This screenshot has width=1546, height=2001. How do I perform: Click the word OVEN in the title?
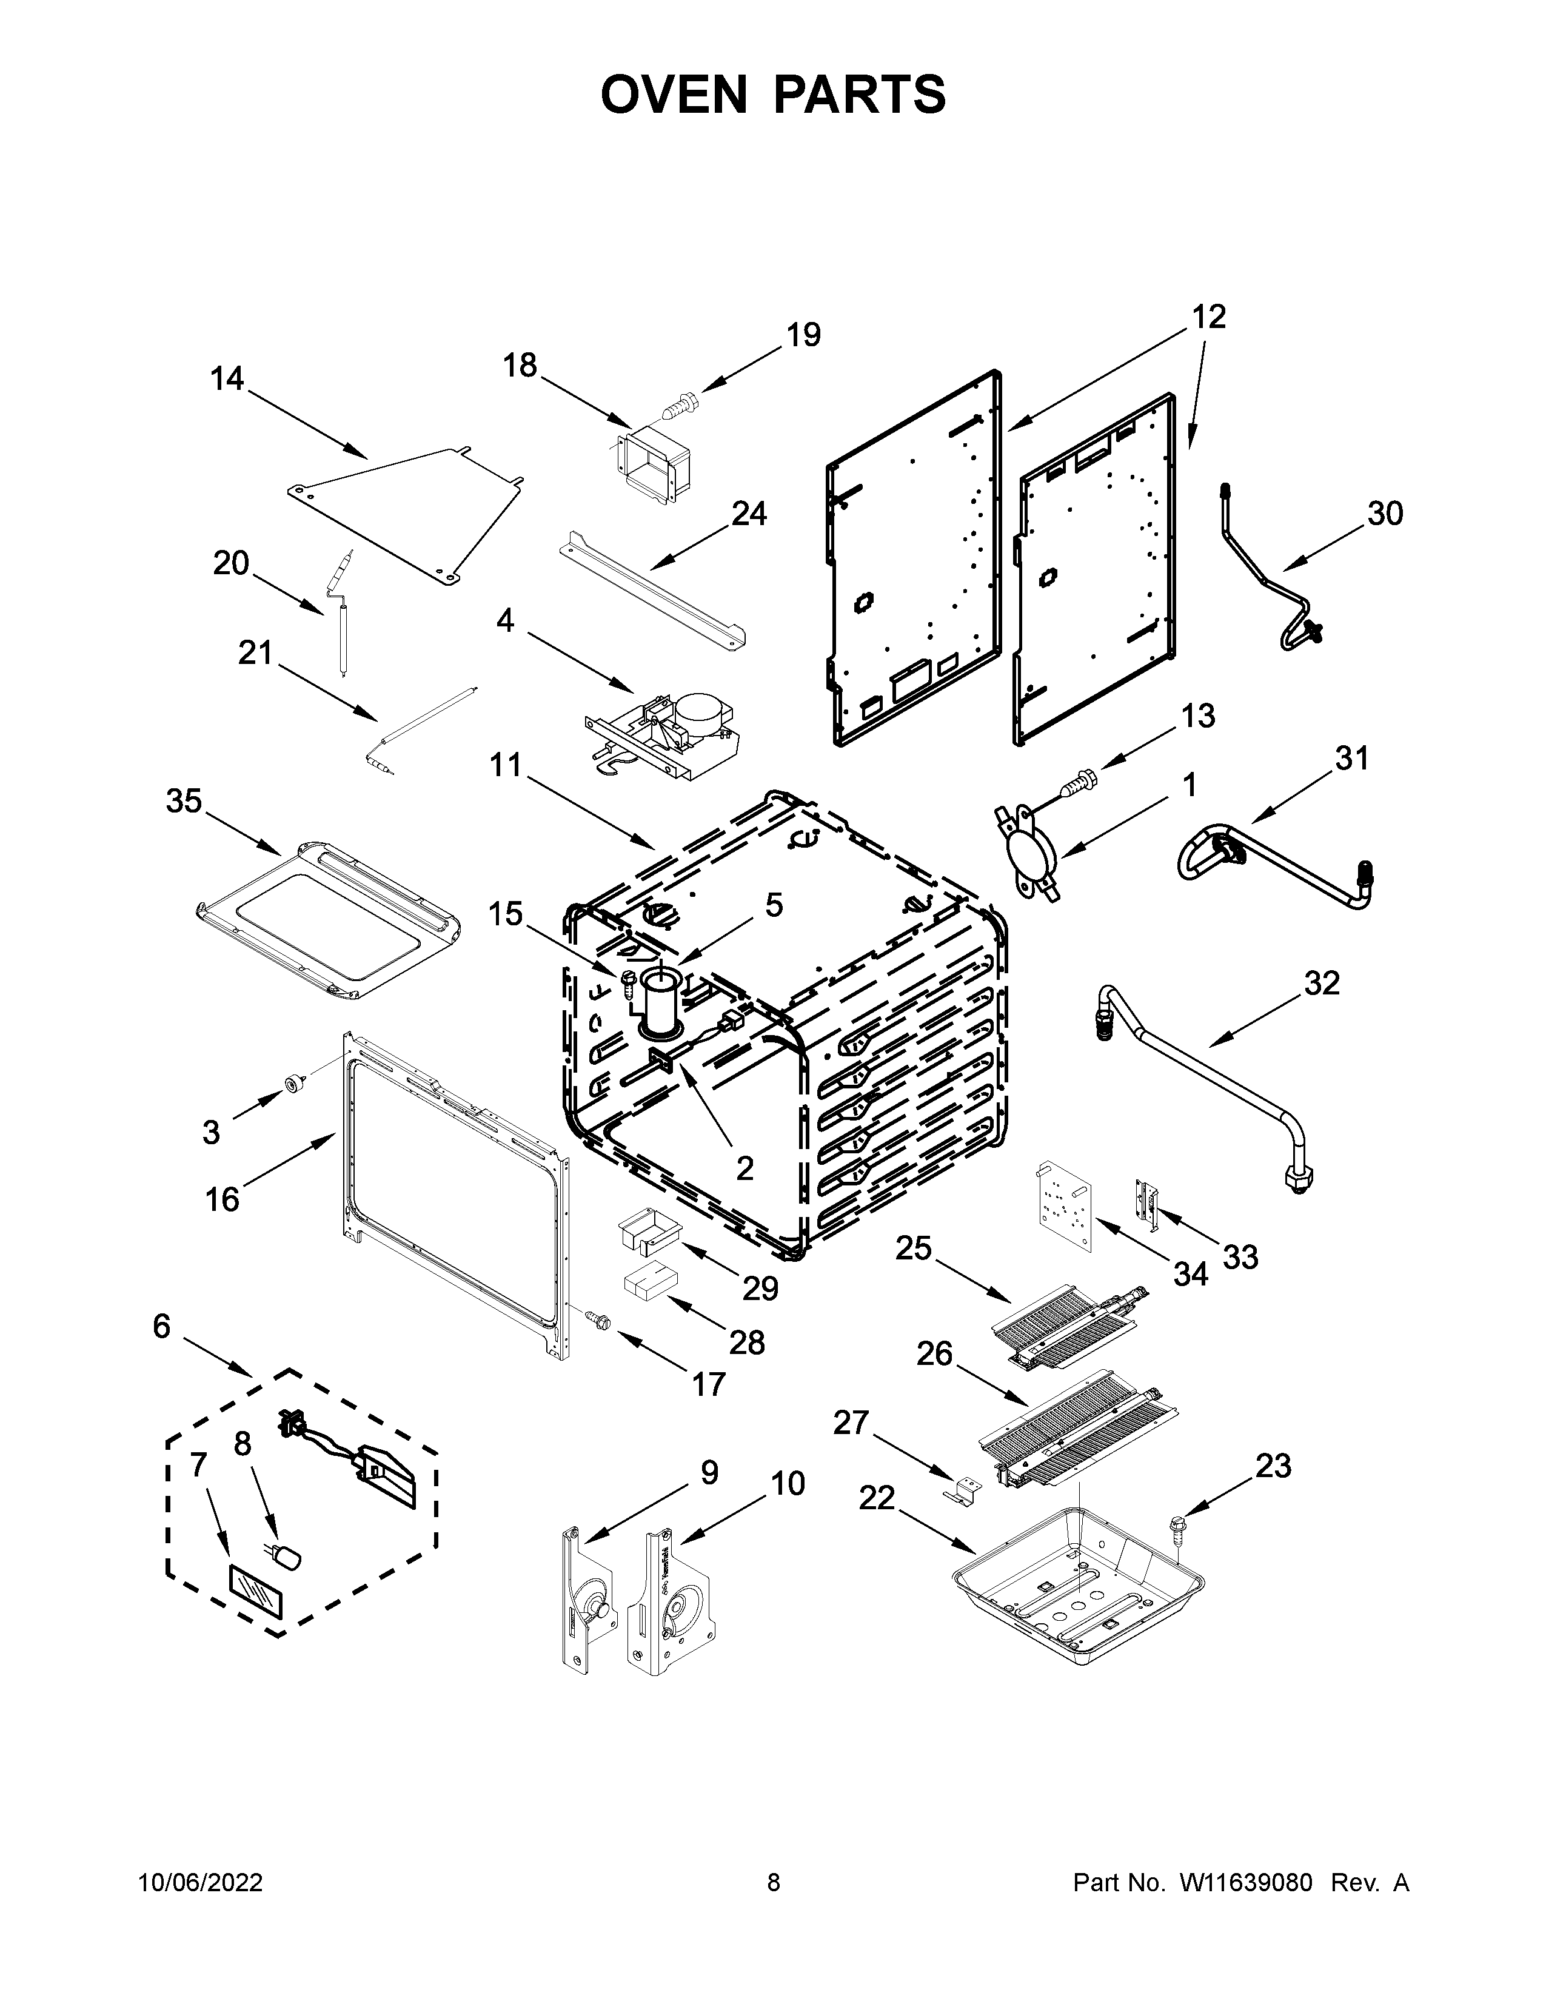(675, 95)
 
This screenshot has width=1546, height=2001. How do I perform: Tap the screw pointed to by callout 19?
(678, 403)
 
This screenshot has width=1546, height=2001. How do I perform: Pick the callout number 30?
(1385, 513)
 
